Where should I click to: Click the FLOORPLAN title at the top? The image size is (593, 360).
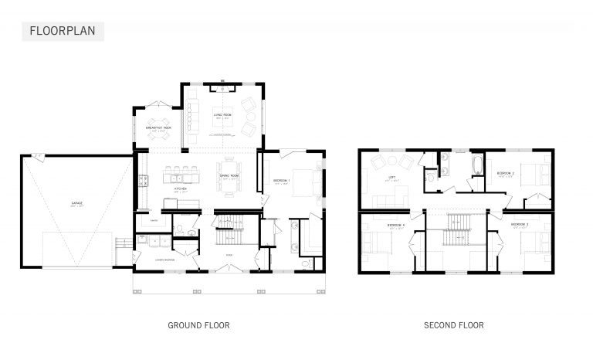point(61,32)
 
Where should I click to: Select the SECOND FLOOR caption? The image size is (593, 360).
point(454,325)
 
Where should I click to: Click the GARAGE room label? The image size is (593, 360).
point(77,204)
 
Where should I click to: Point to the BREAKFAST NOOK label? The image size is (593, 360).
point(158,127)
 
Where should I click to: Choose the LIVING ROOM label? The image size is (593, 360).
point(222,117)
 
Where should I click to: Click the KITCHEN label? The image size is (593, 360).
point(181,188)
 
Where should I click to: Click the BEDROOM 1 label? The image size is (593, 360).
point(281,182)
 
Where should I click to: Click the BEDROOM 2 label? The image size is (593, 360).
point(506,172)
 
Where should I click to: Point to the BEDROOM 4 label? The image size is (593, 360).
point(395,225)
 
